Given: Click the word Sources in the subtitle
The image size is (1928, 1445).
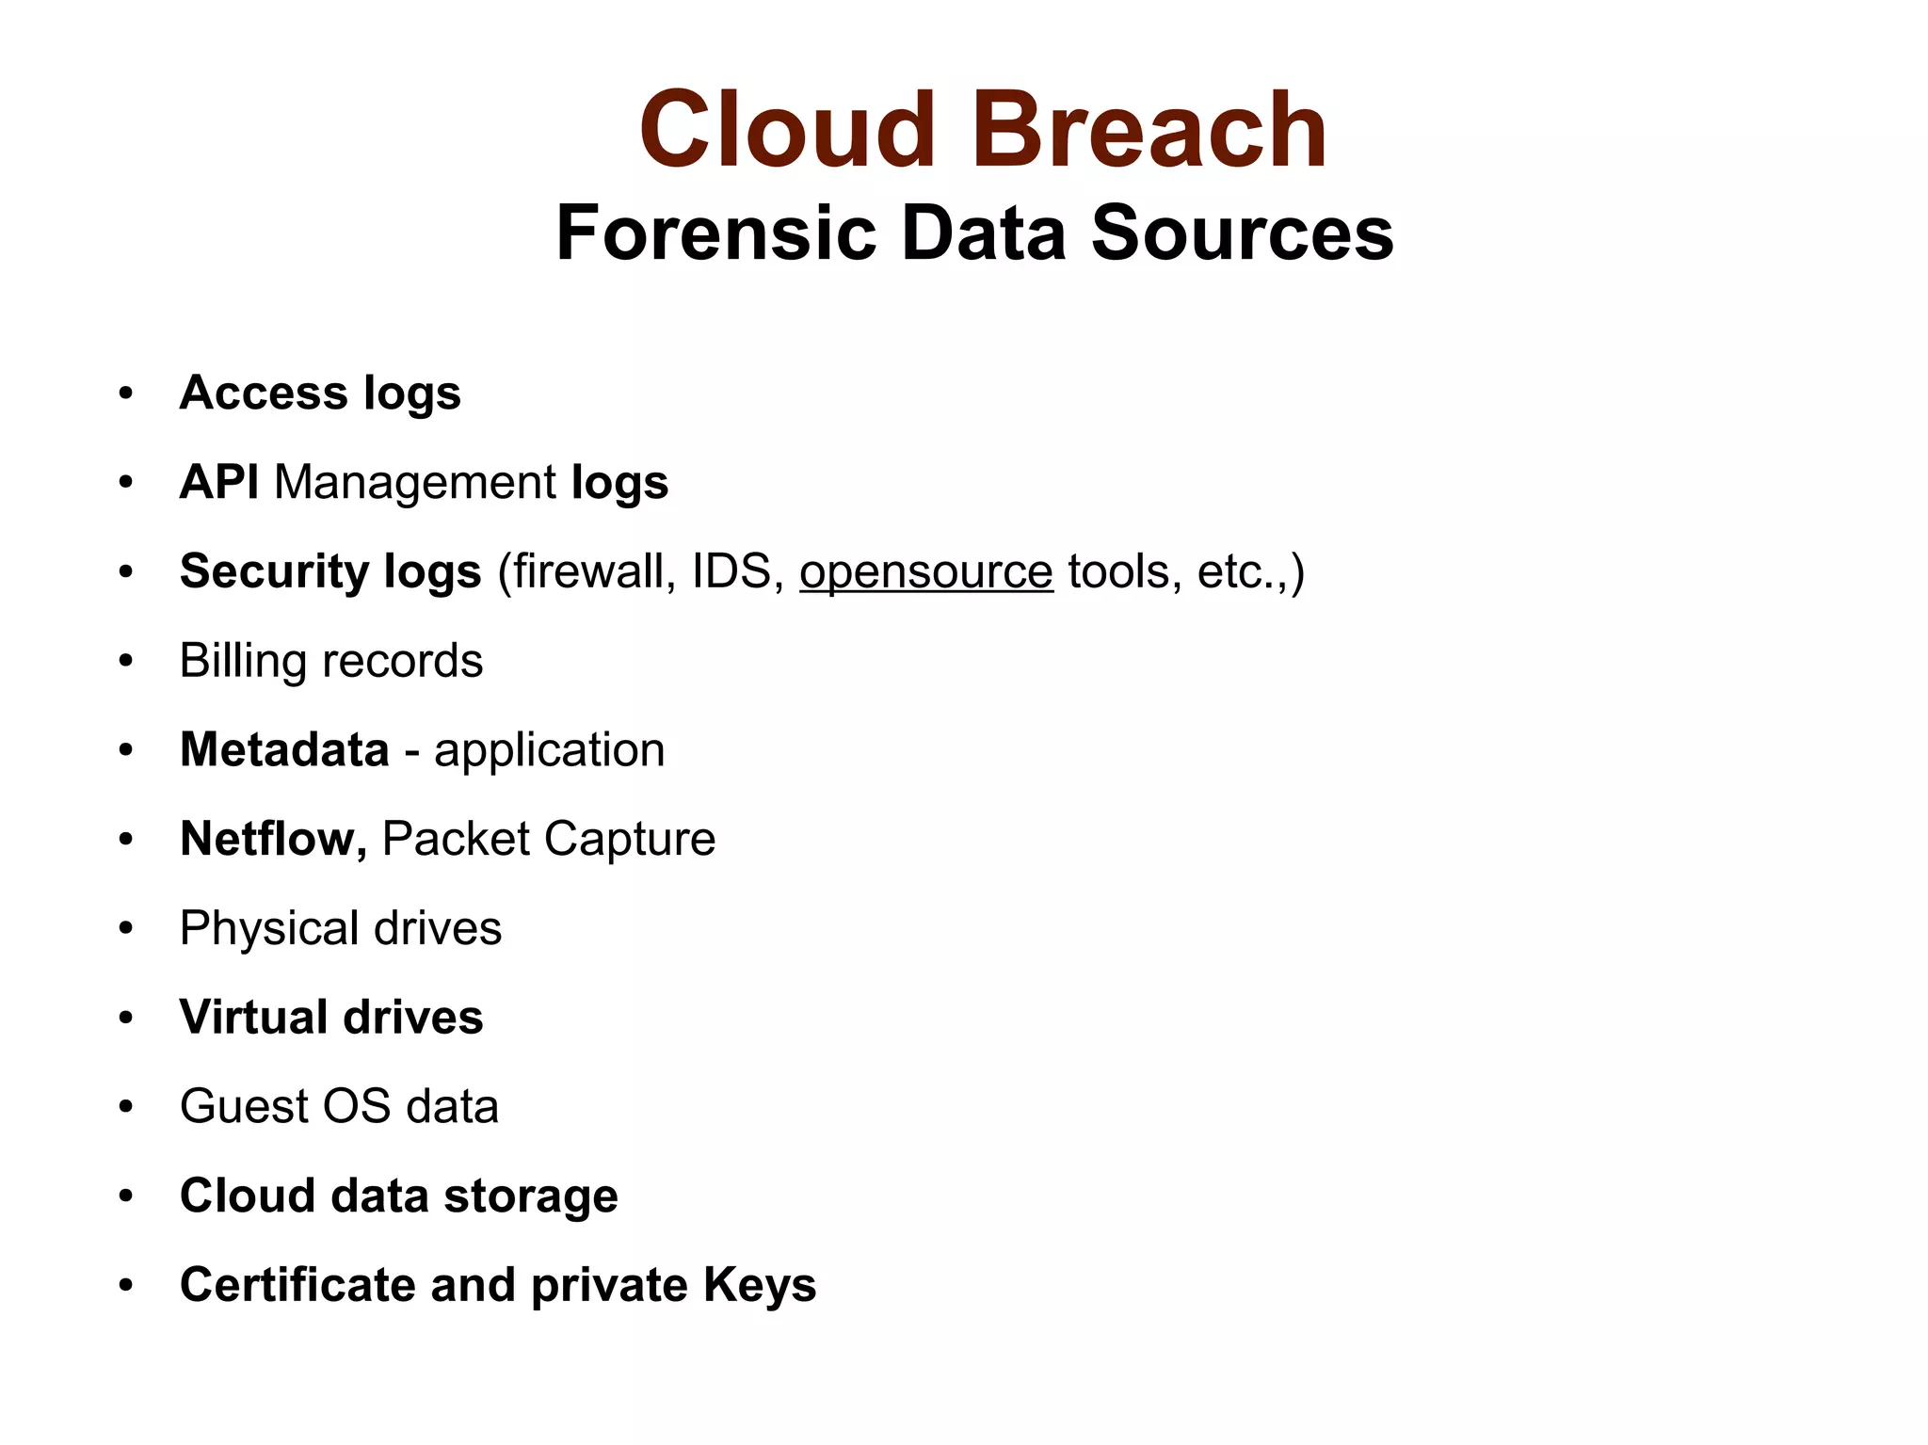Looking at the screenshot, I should (x=1242, y=233).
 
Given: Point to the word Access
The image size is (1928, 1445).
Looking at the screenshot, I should (x=263, y=393).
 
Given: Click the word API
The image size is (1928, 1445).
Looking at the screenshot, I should (x=219, y=482).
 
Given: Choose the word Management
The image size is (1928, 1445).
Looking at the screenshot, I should (x=415, y=482).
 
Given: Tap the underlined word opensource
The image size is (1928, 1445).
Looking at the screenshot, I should (x=925, y=571).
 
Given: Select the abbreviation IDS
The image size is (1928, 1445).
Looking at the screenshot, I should (x=731, y=571).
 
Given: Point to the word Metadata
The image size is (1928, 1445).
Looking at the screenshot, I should (x=284, y=750).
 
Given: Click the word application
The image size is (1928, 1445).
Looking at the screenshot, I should (x=549, y=750).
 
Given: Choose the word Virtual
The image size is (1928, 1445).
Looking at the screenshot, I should (x=253, y=1018).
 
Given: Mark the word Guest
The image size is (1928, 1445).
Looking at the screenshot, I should (x=244, y=1106).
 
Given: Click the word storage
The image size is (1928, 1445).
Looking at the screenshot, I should (x=531, y=1196).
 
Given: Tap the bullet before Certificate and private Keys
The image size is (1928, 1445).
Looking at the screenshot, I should (x=126, y=1285).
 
